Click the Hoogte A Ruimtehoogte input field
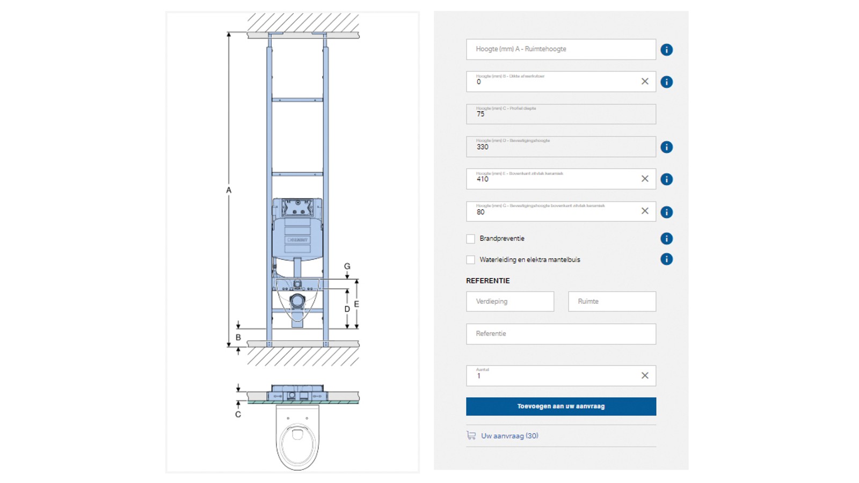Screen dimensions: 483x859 [560, 49]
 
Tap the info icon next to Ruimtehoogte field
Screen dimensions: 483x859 [666, 50]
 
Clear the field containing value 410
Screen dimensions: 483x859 [645, 179]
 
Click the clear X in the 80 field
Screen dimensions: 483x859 [645, 211]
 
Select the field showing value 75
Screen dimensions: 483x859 [560, 114]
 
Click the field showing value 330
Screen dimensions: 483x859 [560, 147]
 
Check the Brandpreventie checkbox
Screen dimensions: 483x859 [471, 239]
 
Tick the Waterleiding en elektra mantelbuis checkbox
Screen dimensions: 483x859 [471, 260]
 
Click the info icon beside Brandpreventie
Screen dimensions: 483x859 [666, 239]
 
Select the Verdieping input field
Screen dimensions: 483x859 [510, 302]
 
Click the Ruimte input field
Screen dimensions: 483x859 [612, 302]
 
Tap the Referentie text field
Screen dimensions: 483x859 [560, 334]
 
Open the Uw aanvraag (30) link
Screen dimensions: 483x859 [509, 436]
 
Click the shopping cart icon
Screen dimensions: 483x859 [471, 435]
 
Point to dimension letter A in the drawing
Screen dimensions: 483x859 [229, 190]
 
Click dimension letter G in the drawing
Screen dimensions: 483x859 [347, 266]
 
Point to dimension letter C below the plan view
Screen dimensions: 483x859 [238, 414]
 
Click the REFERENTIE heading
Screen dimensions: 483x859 [488, 281]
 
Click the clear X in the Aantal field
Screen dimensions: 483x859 [645, 376]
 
